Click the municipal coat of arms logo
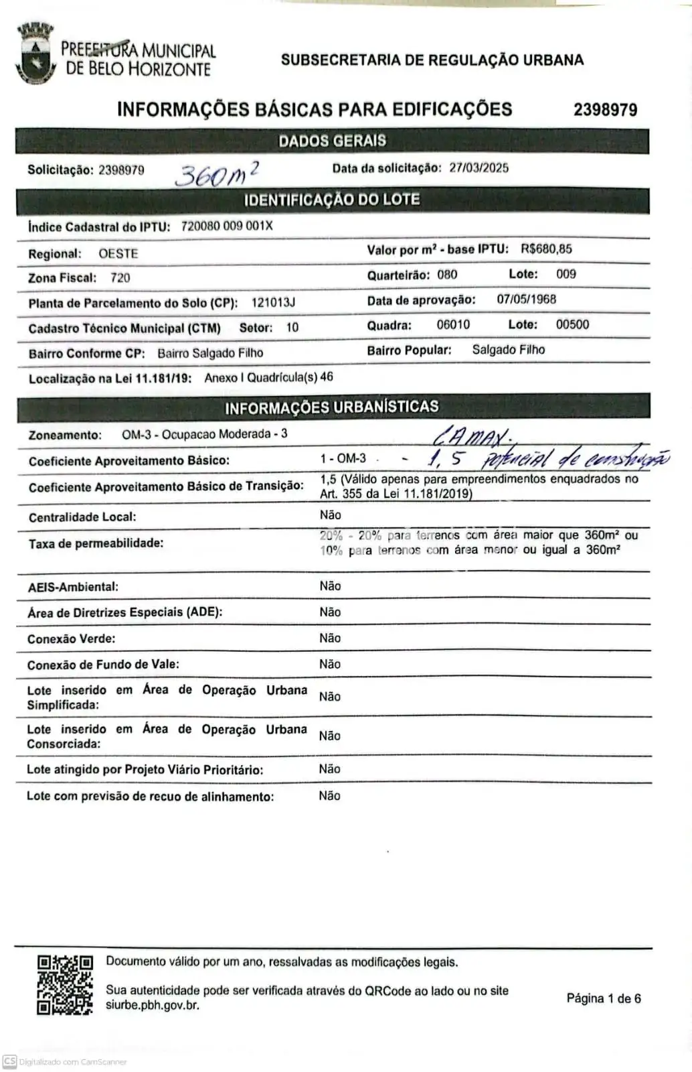coord(35,54)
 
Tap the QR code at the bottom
coord(64,984)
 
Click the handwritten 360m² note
coord(216,173)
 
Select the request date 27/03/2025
coord(479,167)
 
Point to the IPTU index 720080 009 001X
coord(227,226)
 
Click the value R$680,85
coord(546,249)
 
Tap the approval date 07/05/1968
coord(526,299)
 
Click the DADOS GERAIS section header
coord(332,141)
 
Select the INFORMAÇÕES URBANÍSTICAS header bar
coord(332,407)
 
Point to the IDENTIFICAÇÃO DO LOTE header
coord(332,200)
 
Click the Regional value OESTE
coord(118,254)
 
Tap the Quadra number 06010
coord(453,325)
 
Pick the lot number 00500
coord(572,325)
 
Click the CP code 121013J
coord(273,303)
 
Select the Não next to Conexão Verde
coord(330,638)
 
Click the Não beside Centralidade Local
coord(331,515)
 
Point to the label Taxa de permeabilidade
coord(96,543)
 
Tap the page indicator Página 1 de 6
coord(603,998)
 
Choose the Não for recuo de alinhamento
coord(329,796)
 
